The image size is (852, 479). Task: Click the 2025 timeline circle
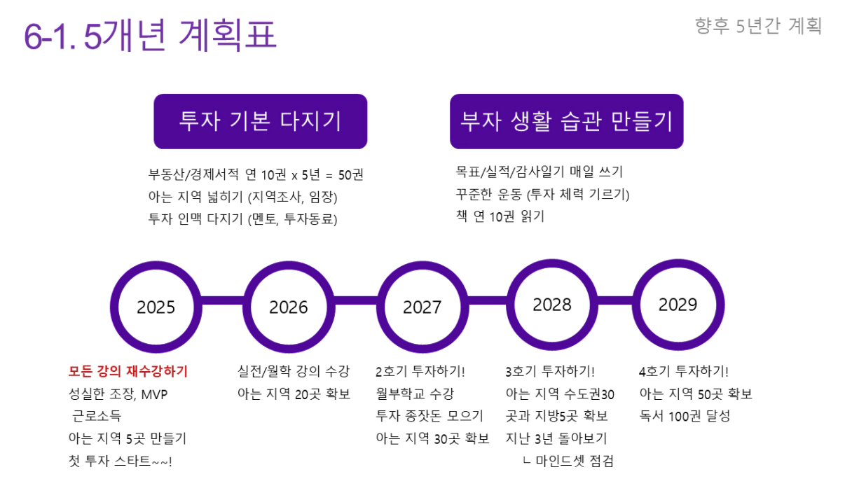(x=156, y=307)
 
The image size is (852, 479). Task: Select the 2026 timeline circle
(x=289, y=307)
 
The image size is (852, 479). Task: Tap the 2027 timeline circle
(x=422, y=307)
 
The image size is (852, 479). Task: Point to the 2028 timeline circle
(x=552, y=305)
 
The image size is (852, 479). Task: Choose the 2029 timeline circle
(x=678, y=305)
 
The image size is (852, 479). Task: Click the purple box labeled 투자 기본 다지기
(x=261, y=121)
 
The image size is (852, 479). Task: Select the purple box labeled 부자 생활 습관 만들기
(x=567, y=121)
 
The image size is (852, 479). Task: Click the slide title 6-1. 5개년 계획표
(x=150, y=35)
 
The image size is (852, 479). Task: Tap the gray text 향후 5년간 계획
(x=758, y=26)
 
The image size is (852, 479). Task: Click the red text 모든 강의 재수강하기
(x=128, y=371)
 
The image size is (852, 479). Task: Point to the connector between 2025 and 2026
(x=223, y=300)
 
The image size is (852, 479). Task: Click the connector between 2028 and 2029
(x=615, y=300)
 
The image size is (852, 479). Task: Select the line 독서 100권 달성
(x=685, y=416)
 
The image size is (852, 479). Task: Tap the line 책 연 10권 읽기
(x=500, y=216)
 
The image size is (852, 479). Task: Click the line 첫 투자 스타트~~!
(x=121, y=461)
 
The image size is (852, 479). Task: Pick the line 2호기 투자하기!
(x=420, y=371)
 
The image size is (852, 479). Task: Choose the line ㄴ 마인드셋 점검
(x=568, y=461)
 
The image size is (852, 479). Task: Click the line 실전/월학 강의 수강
(x=294, y=371)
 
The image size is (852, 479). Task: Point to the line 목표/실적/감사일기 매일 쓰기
(x=540, y=172)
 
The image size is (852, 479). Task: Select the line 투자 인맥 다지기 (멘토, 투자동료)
(x=242, y=219)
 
